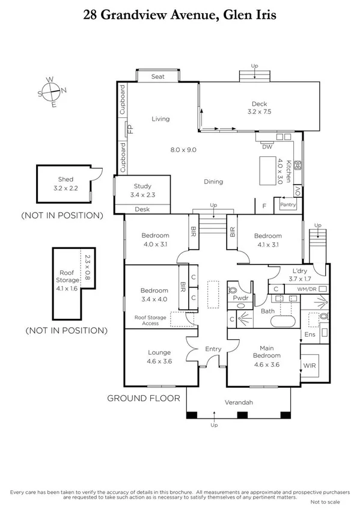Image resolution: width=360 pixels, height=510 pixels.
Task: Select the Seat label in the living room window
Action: tap(158, 76)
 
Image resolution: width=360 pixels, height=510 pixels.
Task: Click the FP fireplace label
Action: tap(129, 129)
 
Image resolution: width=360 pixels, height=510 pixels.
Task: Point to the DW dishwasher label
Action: tap(267, 146)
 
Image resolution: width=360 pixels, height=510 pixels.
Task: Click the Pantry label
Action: tap(288, 205)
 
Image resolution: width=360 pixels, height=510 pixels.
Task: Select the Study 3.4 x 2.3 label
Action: tap(142, 191)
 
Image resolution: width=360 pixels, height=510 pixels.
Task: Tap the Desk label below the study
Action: tap(142, 209)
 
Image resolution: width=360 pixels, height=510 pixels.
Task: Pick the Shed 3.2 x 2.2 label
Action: tap(66, 183)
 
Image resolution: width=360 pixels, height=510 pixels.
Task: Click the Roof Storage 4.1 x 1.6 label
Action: tap(68, 275)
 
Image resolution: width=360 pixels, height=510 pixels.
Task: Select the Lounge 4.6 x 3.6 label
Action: tap(160, 357)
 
